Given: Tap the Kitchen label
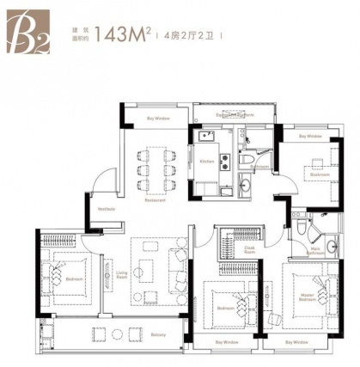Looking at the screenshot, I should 206,161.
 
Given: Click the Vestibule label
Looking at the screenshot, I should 107,208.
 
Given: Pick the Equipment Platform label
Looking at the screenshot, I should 234,114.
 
